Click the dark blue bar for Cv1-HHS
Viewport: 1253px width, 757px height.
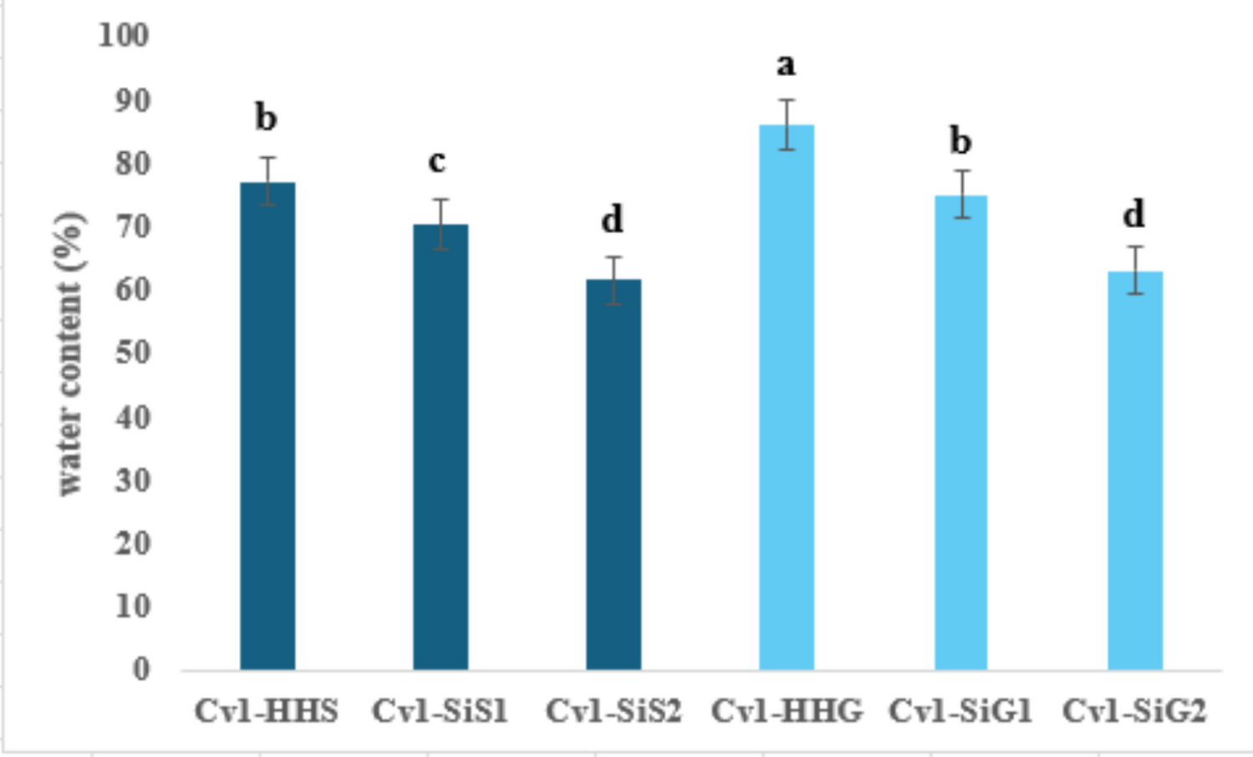click(x=267, y=426)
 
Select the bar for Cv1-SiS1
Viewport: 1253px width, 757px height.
click(x=441, y=447)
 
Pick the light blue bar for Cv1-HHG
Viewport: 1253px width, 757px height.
click(x=787, y=397)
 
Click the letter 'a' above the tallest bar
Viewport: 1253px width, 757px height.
click(x=786, y=64)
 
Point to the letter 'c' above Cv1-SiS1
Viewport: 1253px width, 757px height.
click(x=436, y=160)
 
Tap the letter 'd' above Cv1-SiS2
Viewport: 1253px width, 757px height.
click(x=612, y=219)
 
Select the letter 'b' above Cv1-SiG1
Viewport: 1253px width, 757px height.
click(x=961, y=140)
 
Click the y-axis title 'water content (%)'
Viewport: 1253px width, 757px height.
click(x=70, y=353)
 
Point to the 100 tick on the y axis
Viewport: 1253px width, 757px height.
click(x=124, y=35)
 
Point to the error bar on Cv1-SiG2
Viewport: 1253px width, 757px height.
click(x=1135, y=270)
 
